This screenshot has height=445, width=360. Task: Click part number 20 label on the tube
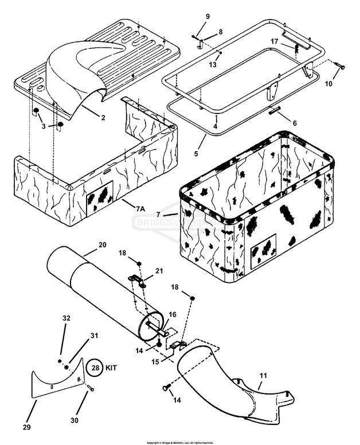(102, 245)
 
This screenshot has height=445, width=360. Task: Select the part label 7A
(140, 210)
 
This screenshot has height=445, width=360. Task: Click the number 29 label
(27, 427)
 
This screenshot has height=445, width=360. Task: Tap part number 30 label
(75, 420)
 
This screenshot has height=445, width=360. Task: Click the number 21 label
(159, 270)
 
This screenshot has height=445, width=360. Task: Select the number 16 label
(172, 314)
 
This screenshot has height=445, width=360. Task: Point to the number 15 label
(155, 362)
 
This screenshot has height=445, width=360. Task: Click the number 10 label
(328, 84)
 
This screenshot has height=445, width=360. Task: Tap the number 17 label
(275, 41)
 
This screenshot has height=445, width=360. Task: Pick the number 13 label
(213, 65)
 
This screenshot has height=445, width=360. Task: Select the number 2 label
(103, 118)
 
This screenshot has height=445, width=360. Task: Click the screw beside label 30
(90, 389)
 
